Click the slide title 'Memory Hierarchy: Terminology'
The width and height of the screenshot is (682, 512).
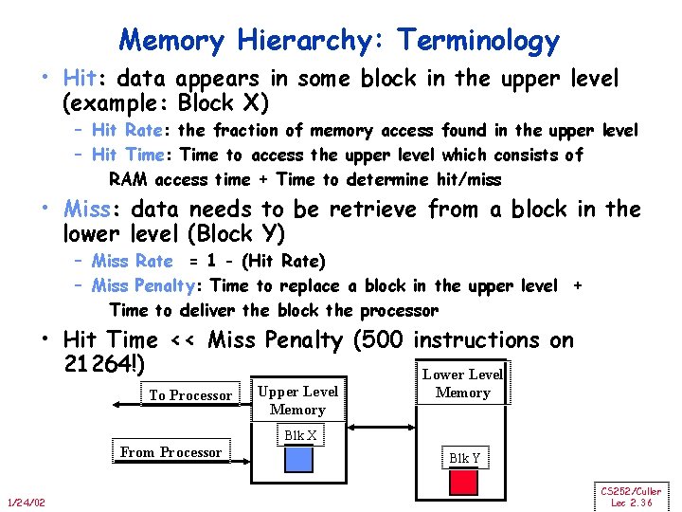click(339, 41)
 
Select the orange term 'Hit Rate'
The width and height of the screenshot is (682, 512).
click(130, 130)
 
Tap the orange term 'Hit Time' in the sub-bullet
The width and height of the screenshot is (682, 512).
click(131, 155)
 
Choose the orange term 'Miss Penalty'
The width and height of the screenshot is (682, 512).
click(149, 285)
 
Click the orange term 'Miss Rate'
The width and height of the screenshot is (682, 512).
click(133, 261)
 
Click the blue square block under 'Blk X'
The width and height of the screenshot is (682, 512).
click(298, 459)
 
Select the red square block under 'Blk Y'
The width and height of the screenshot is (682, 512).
click(463, 481)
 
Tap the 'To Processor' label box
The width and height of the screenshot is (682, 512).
click(189, 394)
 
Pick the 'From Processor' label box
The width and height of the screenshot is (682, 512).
click(170, 452)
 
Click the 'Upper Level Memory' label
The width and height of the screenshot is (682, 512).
click(297, 400)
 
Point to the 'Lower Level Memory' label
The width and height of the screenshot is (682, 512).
click(462, 383)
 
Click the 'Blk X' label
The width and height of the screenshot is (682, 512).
click(298, 435)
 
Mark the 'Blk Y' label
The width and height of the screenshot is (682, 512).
click(464, 458)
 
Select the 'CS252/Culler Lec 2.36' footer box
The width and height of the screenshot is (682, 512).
click(630, 496)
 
